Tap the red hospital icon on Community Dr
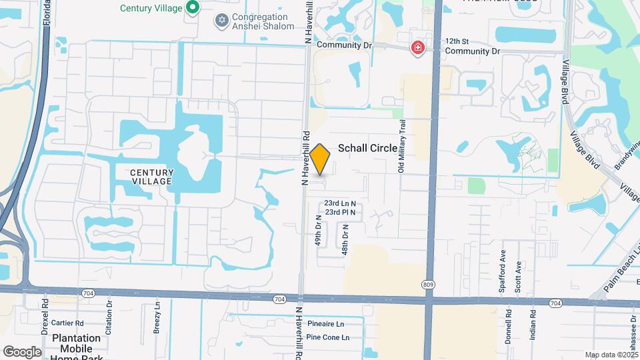(418, 48)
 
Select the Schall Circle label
(368, 148)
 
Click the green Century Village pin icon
(193, 8)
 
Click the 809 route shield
(428, 285)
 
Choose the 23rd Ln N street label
(340, 203)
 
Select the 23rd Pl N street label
(340, 212)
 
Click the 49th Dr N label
(319, 231)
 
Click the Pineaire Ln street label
(325, 324)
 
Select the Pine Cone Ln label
(327, 337)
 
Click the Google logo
(22, 351)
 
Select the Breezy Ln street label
(157, 317)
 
